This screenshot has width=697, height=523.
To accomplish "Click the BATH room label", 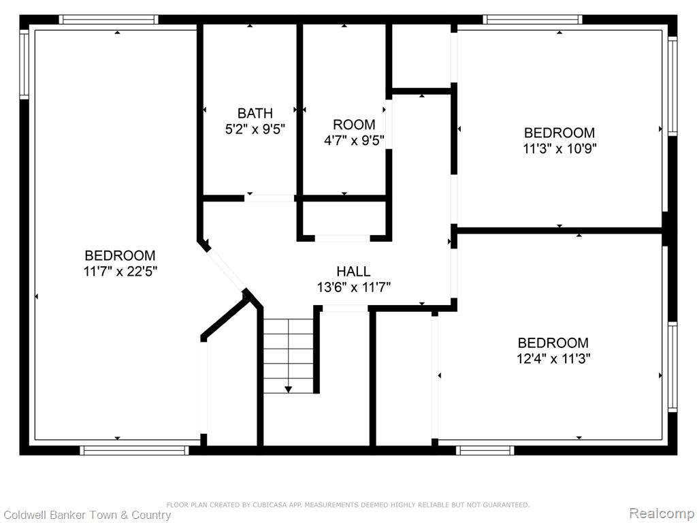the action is pos(255,114).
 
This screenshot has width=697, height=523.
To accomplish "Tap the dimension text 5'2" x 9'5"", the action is pos(255,129).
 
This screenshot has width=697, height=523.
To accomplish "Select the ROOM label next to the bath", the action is pos(354,125).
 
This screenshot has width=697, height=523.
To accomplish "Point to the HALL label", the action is pos(353,271).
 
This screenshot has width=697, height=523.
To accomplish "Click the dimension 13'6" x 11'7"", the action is pos(354,287).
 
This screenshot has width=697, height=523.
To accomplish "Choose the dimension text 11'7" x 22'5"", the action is pos(120,271).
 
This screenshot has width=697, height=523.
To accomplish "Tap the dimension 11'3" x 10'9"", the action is pos(560,148).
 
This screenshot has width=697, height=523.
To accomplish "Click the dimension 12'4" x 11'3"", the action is pos(553,358).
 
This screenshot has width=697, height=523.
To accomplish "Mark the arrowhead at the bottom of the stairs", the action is pos(288,390).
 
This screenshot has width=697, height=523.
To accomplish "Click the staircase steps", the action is pos(289,355).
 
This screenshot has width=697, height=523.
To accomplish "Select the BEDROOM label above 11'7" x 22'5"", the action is pos(120,256).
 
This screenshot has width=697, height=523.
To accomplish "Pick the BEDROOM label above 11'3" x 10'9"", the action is pos(560,133).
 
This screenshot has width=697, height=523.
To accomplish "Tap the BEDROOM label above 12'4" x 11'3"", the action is pos(553,343).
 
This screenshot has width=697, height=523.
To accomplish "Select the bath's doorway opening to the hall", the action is pos(270,198).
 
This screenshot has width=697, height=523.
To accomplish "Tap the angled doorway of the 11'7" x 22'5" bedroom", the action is pos(226,268).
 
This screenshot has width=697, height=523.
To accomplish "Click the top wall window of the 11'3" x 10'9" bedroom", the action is pos(532,20).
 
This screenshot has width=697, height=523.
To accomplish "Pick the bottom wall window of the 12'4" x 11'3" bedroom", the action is pos(485,451).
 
